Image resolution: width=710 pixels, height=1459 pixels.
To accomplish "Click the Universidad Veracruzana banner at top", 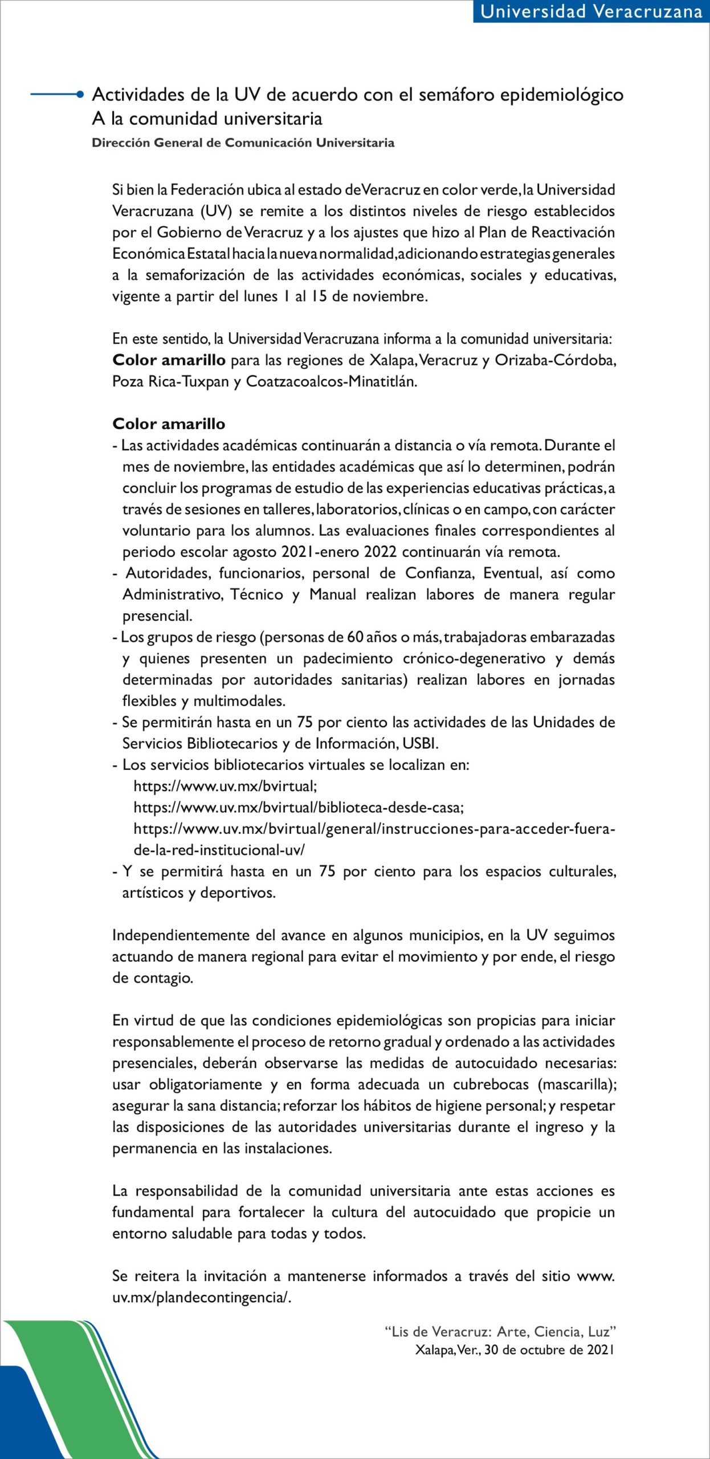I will pyautogui.click(x=591, y=11).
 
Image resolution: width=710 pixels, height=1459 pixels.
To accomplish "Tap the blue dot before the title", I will pyautogui.click(x=80, y=95).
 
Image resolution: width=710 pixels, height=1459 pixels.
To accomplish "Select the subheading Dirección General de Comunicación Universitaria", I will pyautogui.click(x=243, y=142).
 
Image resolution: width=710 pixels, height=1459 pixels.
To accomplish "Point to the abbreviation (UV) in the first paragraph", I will pyautogui.click(x=215, y=211).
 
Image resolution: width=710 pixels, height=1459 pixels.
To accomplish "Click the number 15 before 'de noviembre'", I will pyautogui.click(x=319, y=297).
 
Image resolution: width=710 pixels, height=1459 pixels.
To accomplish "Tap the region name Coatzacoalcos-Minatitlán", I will pyautogui.click(x=331, y=382).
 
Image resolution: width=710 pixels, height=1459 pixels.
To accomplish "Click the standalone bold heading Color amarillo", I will pyautogui.click(x=169, y=424).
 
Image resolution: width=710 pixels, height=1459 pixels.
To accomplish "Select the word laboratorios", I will pyautogui.click(x=358, y=510).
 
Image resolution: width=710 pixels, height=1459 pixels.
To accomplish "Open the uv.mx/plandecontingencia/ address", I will pyautogui.click(x=202, y=1298).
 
